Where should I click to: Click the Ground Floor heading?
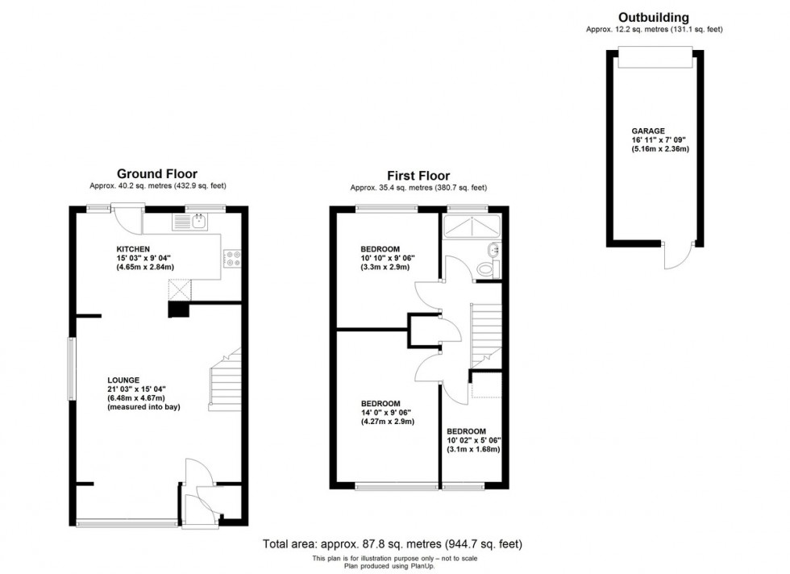(157, 173)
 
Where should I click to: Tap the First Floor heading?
(418, 176)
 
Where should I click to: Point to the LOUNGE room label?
(123, 380)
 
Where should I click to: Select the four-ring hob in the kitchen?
(231, 259)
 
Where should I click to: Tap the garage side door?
(673, 256)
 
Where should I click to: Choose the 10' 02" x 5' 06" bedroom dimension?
(474, 440)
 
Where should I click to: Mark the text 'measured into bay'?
(143, 407)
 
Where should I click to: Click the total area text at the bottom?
(397, 544)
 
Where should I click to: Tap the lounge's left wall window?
(71, 368)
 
